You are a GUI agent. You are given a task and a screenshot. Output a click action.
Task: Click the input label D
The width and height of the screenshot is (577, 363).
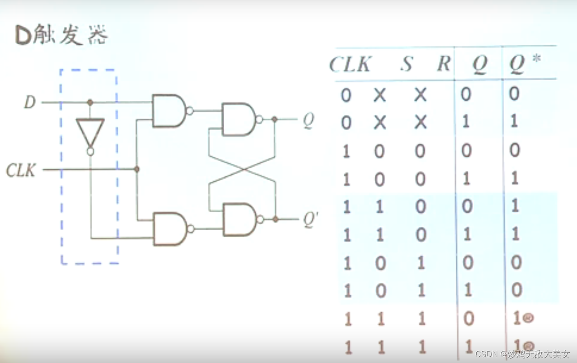[30, 102]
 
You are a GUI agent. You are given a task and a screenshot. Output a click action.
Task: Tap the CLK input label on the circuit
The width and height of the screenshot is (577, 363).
[21, 170]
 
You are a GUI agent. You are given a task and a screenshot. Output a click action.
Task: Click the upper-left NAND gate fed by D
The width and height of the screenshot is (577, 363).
[169, 111]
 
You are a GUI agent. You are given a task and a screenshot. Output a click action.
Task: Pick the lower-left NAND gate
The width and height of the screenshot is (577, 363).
[170, 229]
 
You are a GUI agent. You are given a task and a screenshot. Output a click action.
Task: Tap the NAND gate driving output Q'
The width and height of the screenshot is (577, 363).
[240, 219]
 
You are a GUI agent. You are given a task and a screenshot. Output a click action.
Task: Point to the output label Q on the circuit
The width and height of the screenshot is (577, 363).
[308, 121]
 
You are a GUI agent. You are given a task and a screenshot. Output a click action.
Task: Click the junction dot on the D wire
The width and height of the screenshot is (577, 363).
[90, 102]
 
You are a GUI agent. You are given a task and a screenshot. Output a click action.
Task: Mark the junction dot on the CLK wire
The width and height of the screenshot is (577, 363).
[137, 169]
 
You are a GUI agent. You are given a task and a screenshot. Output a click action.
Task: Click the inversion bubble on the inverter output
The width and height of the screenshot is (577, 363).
[90, 152]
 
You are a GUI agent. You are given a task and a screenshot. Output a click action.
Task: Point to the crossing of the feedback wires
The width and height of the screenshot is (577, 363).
[242, 170]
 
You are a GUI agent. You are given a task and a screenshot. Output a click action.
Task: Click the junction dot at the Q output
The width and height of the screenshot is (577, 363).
[275, 120]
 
